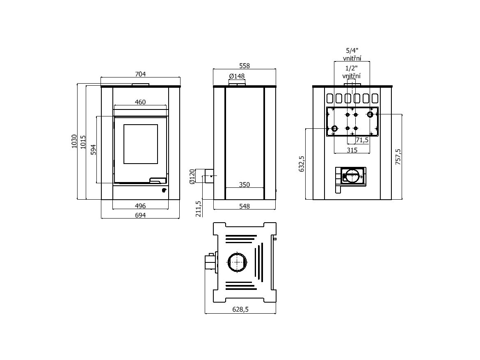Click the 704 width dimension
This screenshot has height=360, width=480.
(x=140, y=74)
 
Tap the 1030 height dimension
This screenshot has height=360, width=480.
(x=74, y=141)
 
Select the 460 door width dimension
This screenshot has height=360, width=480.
(x=140, y=102)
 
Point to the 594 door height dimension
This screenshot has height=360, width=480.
(x=94, y=150)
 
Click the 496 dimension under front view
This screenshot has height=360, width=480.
(x=140, y=206)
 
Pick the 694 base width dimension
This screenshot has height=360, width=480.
(x=140, y=215)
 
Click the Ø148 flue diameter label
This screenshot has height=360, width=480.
(x=237, y=76)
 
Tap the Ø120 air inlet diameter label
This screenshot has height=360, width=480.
(x=192, y=176)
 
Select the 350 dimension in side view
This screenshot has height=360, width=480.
(x=244, y=185)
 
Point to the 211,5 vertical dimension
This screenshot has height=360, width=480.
(x=199, y=209)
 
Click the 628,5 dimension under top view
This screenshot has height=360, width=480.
(x=240, y=309)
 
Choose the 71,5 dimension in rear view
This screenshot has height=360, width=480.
(x=362, y=140)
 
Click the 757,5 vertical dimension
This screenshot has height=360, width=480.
(x=398, y=157)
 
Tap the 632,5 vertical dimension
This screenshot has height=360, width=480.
(x=302, y=164)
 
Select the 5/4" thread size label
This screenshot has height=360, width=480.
(x=352, y=50)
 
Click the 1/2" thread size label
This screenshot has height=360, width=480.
(x=352, y=68)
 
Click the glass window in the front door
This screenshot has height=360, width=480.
(x=140, y=144)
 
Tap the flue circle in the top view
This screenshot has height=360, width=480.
(x=237, y=262)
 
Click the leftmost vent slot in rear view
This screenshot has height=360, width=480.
(x=330, y=98)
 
